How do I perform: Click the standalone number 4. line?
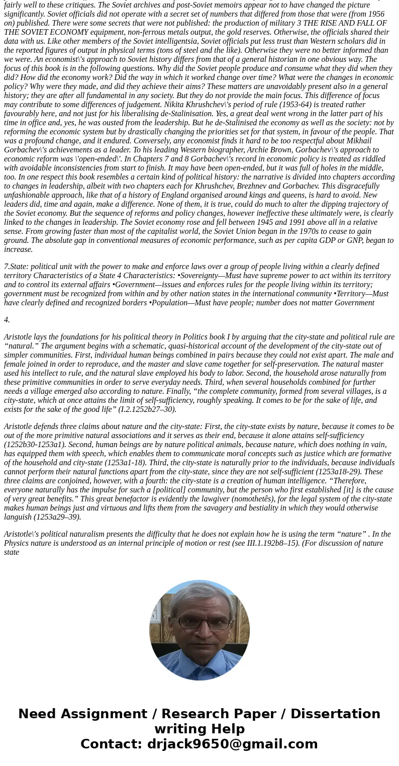pyautogui.click(x=7, y=320)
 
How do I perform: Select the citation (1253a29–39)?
pyautogui.click(x=57, y=517)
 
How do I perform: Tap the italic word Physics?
pyautogui.click(x=17, y=543)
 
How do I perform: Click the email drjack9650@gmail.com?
pyautogui.click(x=232, y=744)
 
